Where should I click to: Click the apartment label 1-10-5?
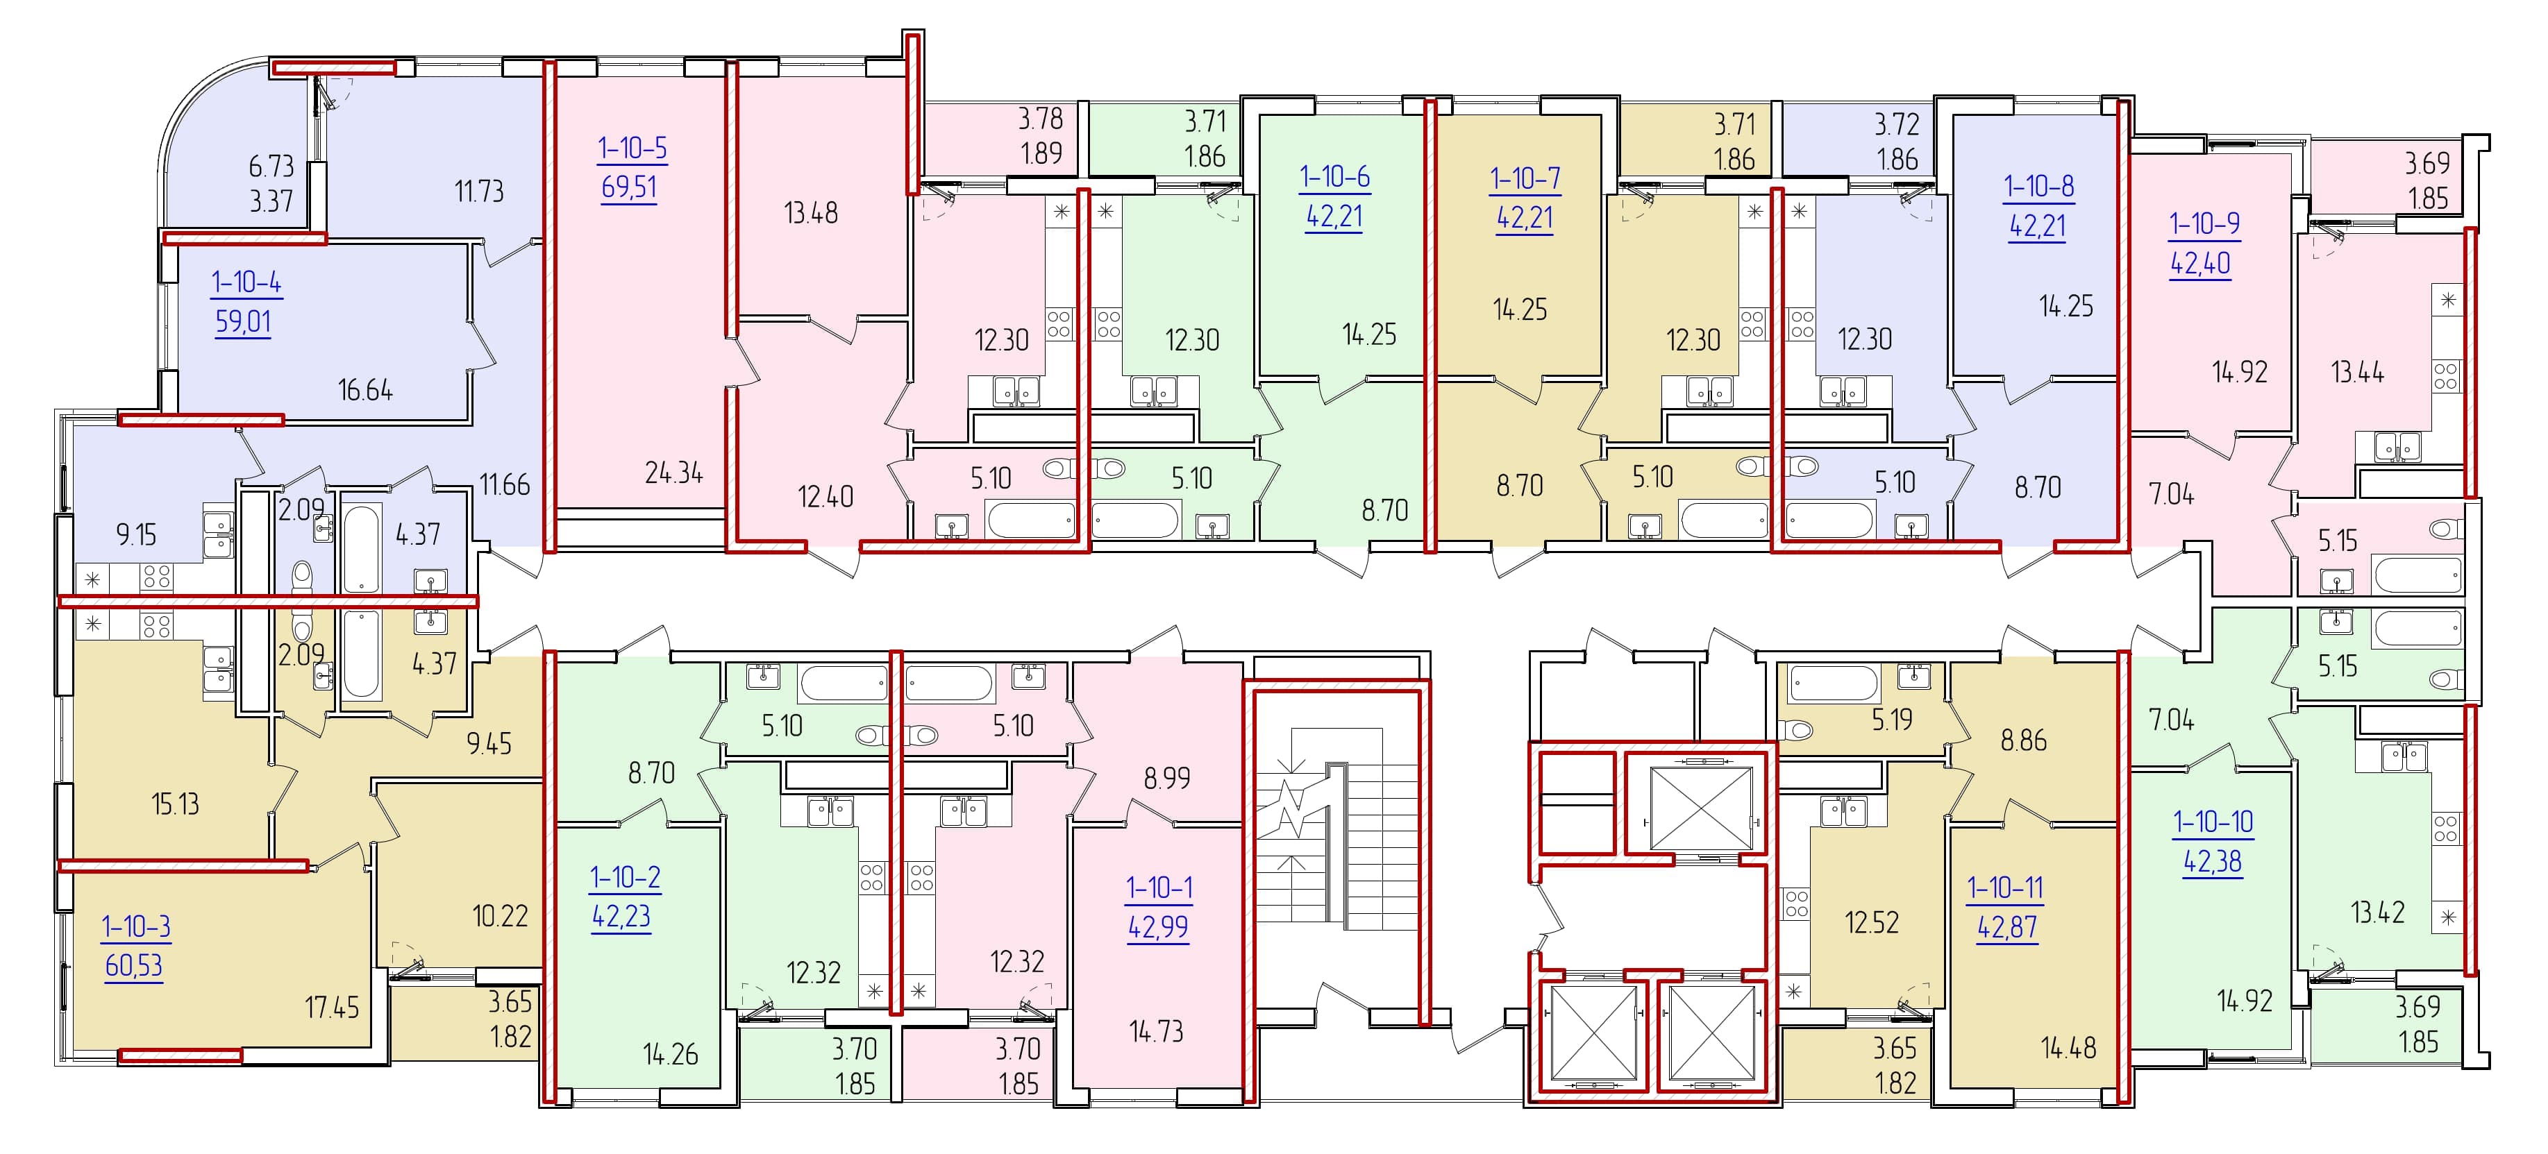tap(632, 149)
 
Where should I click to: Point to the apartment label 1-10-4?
tap(246, 283)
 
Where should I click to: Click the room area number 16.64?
tap(365, 389)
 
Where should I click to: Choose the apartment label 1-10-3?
tap(135, 926)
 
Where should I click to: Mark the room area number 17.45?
tap(331, 1008)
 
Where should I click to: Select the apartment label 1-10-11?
tap(2005, 888)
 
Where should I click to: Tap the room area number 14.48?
tap(2068, 1047)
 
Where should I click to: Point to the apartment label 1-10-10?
tap(2213, 822)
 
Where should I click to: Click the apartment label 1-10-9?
tap(2205, 224)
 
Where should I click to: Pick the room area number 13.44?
tap(2357, 373)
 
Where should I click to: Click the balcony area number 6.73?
tap(271, 166)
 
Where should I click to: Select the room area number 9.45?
tap(489, 744)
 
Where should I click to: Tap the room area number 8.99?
tap(1167, 778)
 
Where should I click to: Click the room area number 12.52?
tap(1872, 923)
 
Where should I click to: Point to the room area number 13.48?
tap(811, 212)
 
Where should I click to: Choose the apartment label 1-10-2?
tap(625, 877)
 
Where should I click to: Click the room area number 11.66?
tap(505, 484)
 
